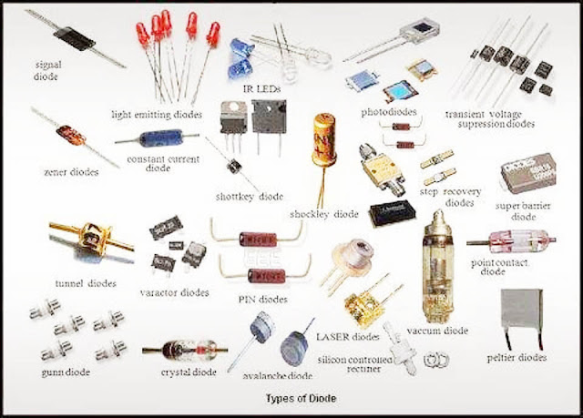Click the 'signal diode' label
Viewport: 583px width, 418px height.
click(x=47, y=72)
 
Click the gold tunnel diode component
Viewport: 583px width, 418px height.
click(x=86, y=238)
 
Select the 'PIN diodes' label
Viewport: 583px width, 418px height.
click(x=261, y=298)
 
